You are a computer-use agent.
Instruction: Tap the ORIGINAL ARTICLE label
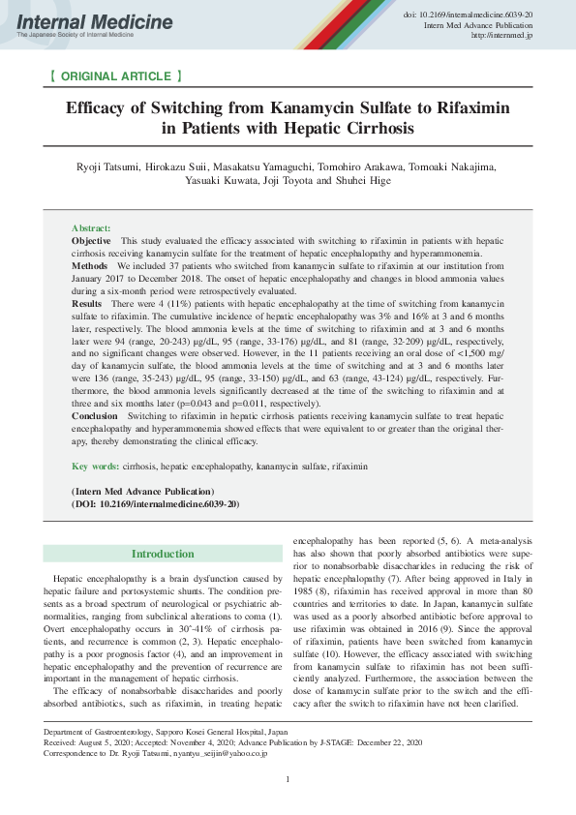(x=114, y=75)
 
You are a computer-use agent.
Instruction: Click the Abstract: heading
(x=91, y=226)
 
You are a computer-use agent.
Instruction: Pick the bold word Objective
(x=91, y=239)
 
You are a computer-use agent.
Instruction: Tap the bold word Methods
(x=89, y=264)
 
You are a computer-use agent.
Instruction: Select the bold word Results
(x=87, y=304)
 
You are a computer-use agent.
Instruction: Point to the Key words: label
(x=95, y=467)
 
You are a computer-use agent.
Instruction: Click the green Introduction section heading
(x=163, y=554)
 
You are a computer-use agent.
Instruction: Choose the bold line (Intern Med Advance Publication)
(x=142, y=492)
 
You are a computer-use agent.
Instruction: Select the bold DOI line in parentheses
(x=156, y=504)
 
